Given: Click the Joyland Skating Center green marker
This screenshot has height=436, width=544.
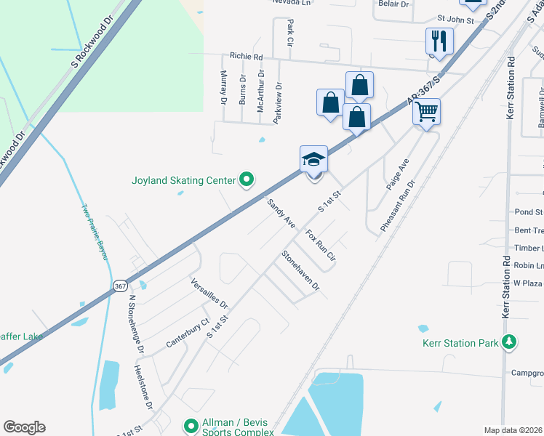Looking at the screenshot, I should pyautogui.click(x=247, y=178).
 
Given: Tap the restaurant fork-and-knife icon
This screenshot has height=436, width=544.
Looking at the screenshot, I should pyautogui.click(x=439, y=40).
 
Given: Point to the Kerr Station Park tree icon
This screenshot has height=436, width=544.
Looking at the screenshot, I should pyautogui.click(x=510, y=342).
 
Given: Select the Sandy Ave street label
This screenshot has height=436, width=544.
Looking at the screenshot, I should pyautogui.click(x=281, y=214).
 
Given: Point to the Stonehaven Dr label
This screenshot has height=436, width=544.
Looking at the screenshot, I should pyautogui.click(x=300, y=270).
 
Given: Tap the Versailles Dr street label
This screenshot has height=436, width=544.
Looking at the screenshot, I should pyautogui.click(x=209, y=293).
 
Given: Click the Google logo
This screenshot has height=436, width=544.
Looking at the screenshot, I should pyautogui.click(x=24, y=427).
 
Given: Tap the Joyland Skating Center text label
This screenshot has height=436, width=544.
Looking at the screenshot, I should pyautogui.click(x=184, y=179).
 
